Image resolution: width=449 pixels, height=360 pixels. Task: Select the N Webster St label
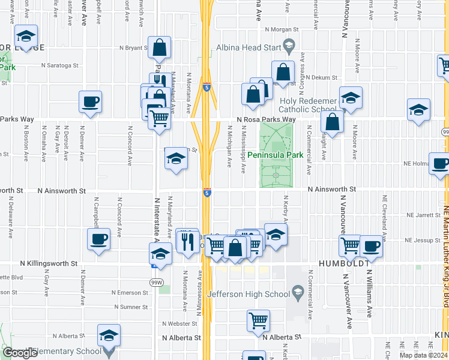point(178,323)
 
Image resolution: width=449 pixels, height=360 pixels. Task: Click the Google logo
point(20,353)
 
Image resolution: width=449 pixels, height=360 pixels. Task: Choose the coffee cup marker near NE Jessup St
point(371,245)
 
